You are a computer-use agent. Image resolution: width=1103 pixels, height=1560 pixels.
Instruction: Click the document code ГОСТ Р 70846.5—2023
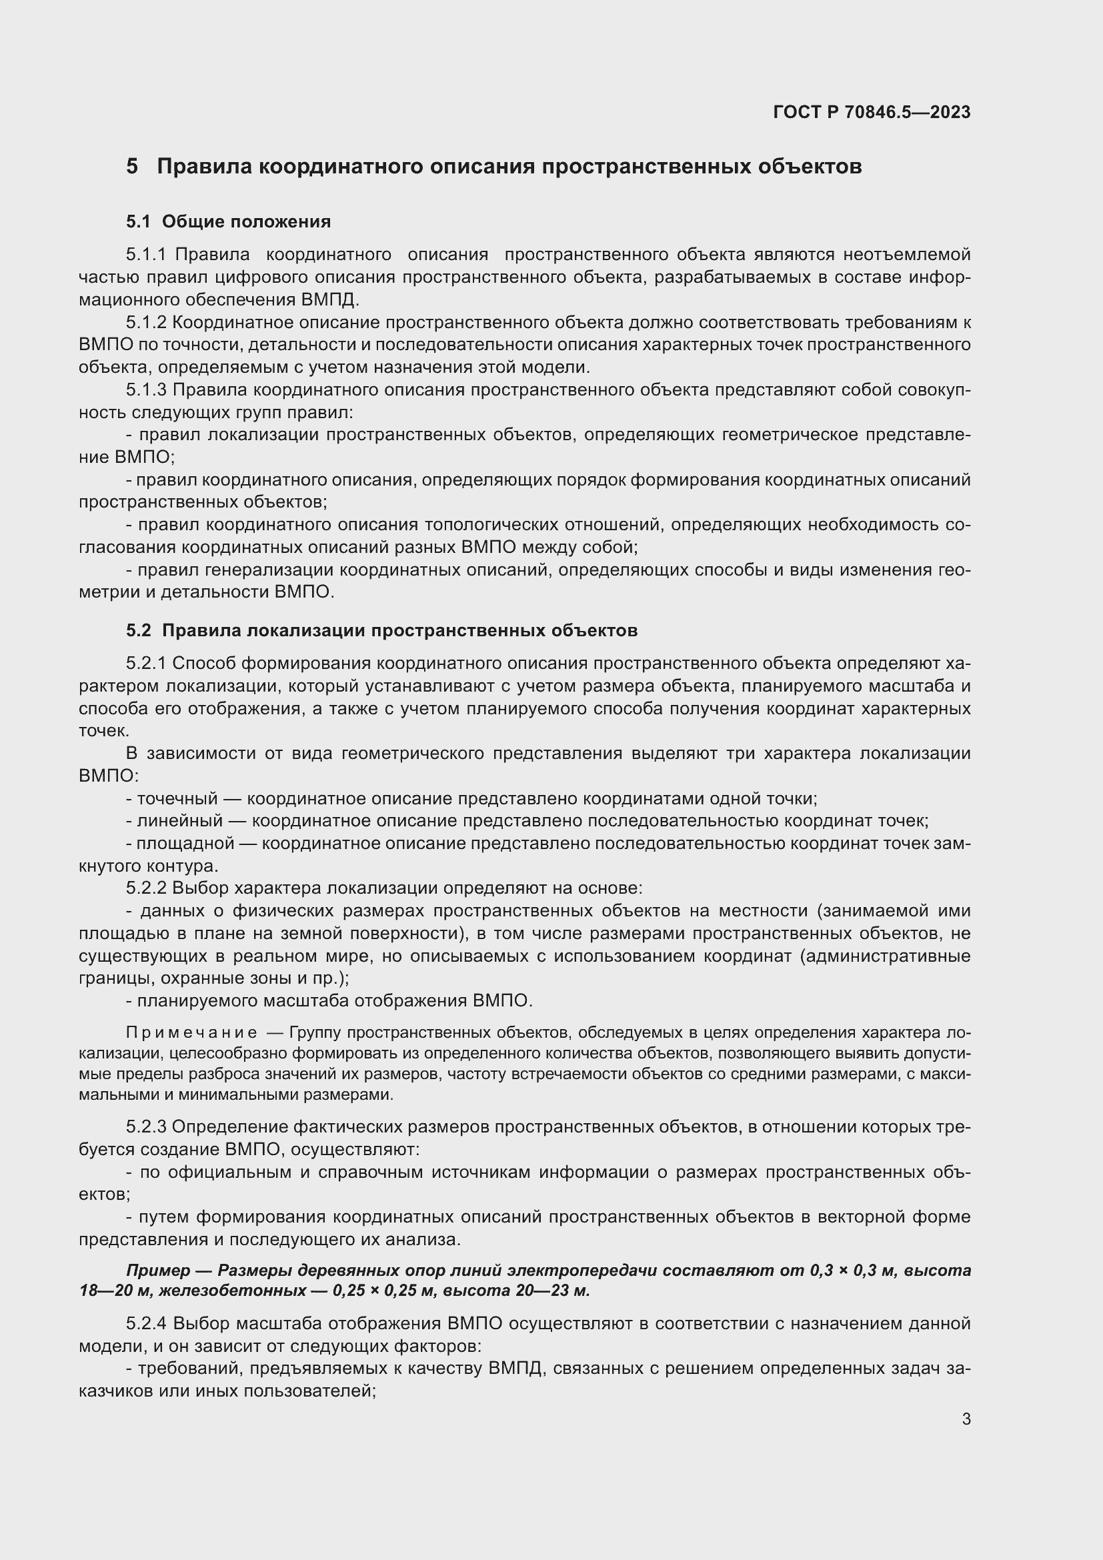pyautogui.click(x=872, y=112)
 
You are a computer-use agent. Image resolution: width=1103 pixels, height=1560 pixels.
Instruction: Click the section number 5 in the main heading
pyautogui.click(x=132, y=167)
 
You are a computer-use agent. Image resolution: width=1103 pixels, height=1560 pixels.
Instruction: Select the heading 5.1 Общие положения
pyautogui.click(x=228, y=221)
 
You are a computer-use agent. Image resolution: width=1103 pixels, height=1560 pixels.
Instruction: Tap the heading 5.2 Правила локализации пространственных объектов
pyautogui.click(x=381, y=630)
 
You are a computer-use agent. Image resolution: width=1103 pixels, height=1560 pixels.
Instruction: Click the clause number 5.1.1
pyautogui.click(x=146, y=255)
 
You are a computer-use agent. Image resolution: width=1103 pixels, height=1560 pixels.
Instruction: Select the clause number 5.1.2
pyautogui.click(x=146, y=322)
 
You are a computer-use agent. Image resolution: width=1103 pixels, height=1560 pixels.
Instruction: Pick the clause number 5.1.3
pyautogui.click(x=146, y=390)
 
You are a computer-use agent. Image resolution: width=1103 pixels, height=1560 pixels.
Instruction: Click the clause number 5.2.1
pyautogui.click(x=146, y=663)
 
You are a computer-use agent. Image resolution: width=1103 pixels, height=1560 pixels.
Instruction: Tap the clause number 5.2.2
pyautogui.click(x=146, y=888)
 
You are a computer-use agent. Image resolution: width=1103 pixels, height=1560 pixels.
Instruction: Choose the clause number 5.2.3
pyautogui.click(x=146, y=1127)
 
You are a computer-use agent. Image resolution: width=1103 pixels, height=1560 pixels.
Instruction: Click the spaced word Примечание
pyautogui.click(x=191, y=1033)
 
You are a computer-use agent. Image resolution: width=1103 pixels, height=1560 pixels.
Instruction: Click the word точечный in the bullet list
pyautogui.click(x=177, y=798)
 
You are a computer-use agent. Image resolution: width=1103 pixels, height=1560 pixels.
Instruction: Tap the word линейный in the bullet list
pyautogui.click(x=179, y=821)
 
